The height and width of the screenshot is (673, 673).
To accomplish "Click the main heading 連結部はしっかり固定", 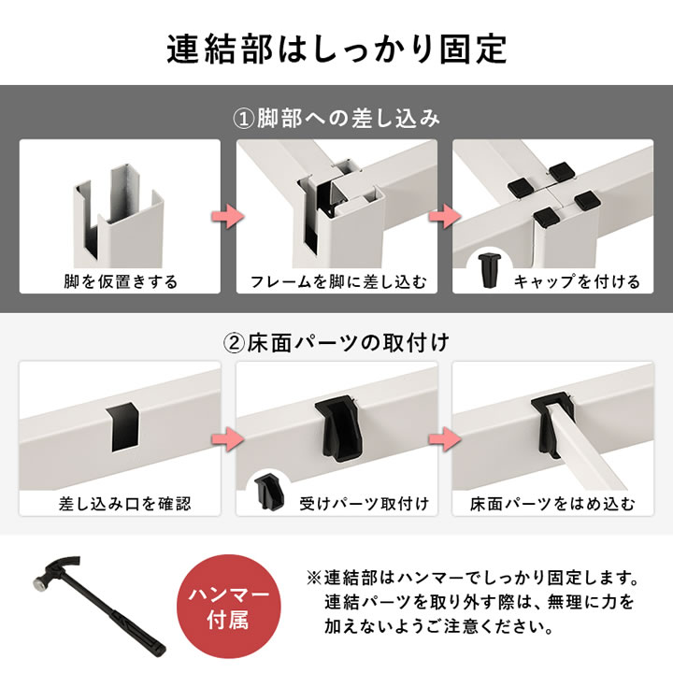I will [336, 49].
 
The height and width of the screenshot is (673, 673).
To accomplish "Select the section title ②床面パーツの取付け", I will [336, 341].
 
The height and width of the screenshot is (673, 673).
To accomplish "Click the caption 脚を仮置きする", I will [121, 280].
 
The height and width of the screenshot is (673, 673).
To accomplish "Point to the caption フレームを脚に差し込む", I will [337, 280].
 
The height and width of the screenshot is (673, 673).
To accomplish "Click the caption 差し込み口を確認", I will [121, 504].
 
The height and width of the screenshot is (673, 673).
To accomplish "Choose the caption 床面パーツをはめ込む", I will [554, 504].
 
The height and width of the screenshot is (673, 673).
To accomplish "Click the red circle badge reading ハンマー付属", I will [230, 607].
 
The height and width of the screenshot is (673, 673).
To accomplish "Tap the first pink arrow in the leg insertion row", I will [228, 216].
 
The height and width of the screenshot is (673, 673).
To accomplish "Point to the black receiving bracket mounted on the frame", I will [337, 425].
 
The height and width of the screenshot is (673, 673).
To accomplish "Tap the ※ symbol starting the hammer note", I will [312, 577].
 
